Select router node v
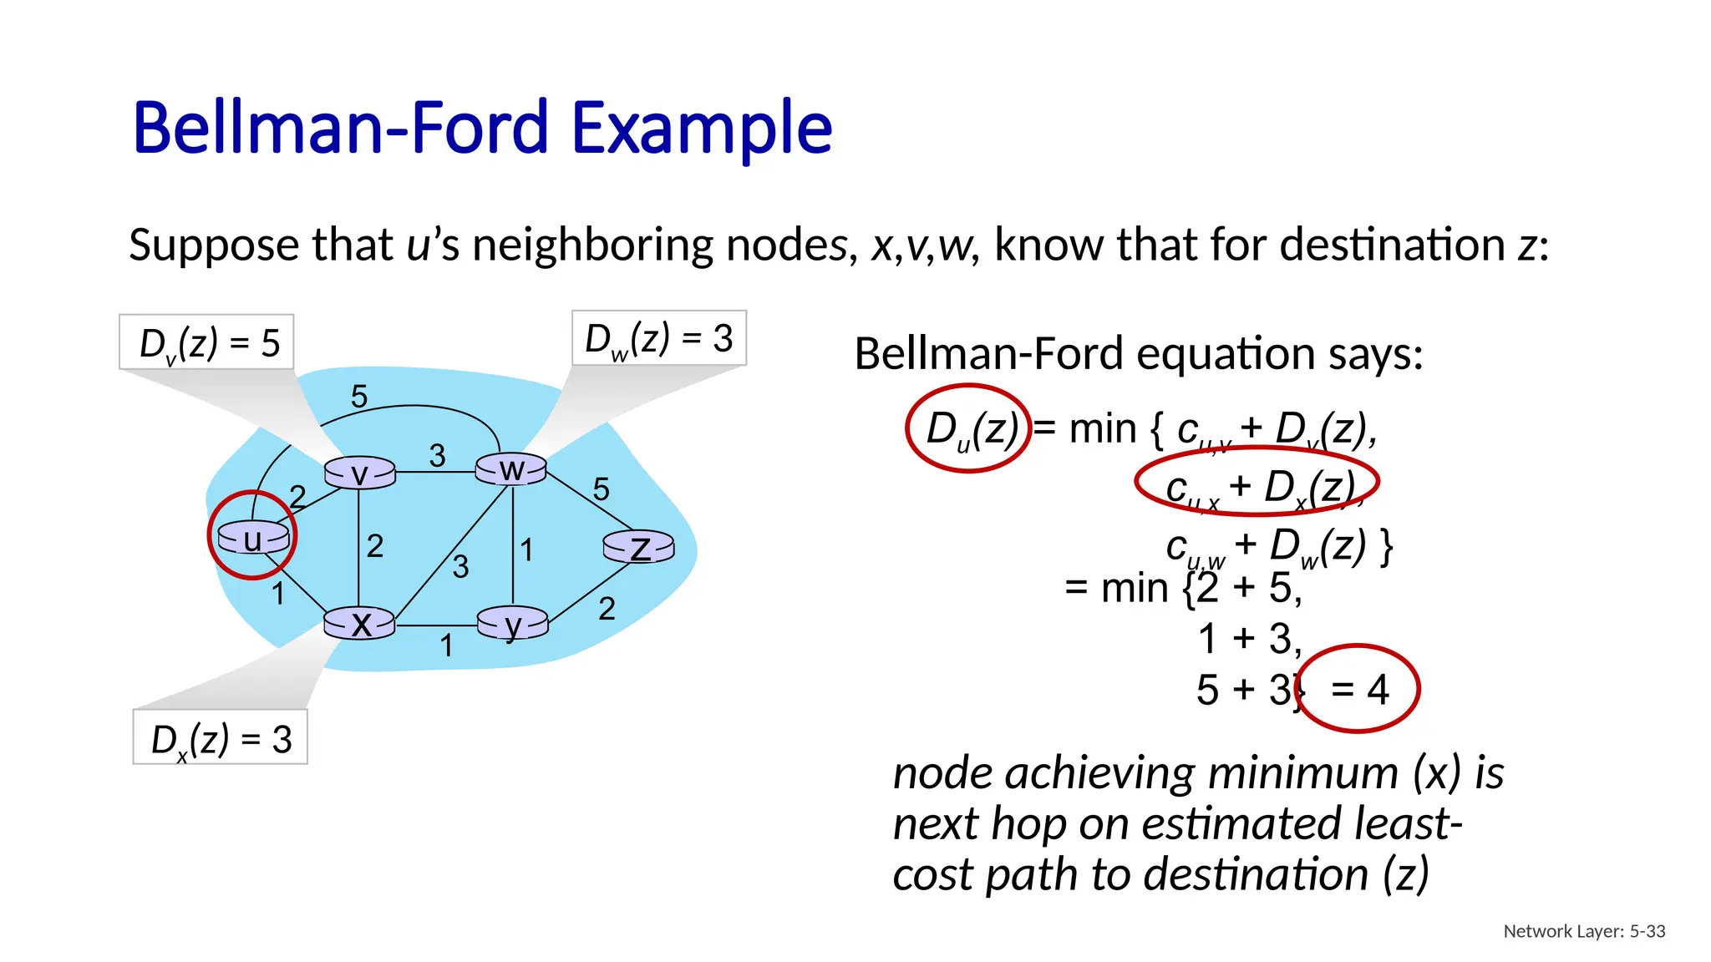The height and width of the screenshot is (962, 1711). coord(359,473)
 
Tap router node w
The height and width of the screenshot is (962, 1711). coord(511,469)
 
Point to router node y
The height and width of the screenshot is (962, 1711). coord(512,623)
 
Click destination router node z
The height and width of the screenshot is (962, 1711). coord(639,548)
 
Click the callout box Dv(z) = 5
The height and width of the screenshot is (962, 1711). coord(207,342)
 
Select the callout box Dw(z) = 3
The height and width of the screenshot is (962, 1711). coord(659,338)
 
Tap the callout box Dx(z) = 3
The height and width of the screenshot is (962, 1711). coord(221,738)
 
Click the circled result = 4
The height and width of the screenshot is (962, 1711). coord(1358,689)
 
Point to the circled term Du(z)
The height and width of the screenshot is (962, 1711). coord(970,429)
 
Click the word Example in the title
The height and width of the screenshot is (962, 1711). coord(702,128)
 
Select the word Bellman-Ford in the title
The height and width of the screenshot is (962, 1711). coord(340,128)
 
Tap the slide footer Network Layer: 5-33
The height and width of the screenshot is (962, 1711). coord(1584,931)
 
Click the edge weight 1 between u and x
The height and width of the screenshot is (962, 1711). coord(278,594)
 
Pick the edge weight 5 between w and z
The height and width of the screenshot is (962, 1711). coord(601,489)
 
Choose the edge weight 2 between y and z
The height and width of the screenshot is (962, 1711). coord(607,609)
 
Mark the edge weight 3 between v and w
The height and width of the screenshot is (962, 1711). coord(437,456)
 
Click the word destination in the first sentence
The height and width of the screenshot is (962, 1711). coord(1392,245)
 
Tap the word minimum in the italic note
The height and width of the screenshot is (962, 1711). coord(1302,772)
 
